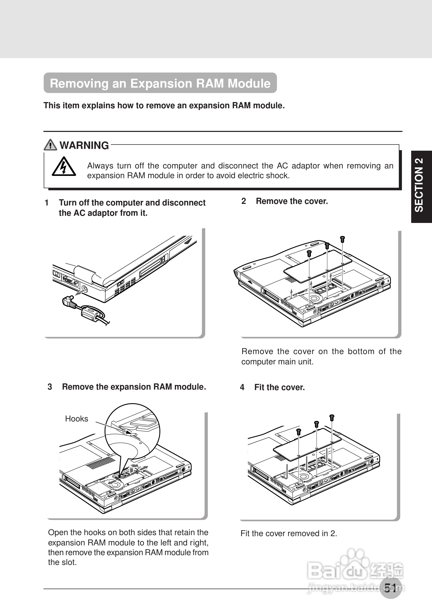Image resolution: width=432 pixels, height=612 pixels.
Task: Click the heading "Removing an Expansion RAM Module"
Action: click(x=160, y=83)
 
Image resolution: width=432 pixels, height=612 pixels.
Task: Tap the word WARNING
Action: click(x=84, y=146)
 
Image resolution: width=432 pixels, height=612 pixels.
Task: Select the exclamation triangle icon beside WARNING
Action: click(x=50, y=145)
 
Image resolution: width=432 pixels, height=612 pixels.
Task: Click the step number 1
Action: click(x=47, y=203)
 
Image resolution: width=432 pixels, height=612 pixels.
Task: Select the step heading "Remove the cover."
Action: click(x=292, y=201)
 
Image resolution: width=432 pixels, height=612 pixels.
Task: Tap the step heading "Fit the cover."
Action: click(x=279, y=387)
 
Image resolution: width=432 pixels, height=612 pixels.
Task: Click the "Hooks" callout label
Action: click(x=76, y=419)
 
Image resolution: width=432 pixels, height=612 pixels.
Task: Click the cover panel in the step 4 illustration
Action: click(x=307, y=445)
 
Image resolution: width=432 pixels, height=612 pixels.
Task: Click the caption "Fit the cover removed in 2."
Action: click(x=289, y=533)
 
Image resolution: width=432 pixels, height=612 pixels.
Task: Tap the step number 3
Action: click(x=50, y=387)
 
